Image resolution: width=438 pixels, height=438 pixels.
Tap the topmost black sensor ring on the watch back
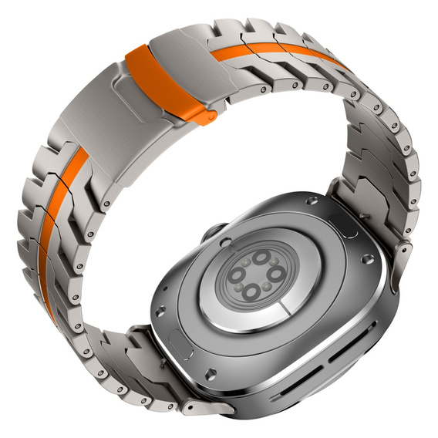pos(261,258)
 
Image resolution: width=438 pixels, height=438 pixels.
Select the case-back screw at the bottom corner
pos(210,371)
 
